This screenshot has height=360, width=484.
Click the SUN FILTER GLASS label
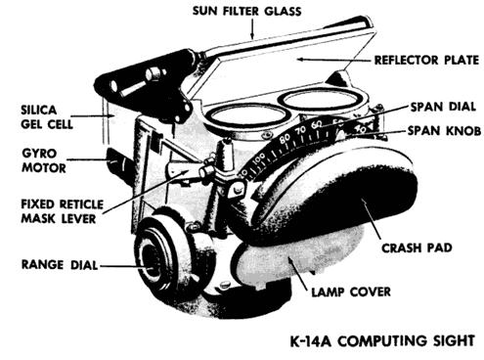click(246, 11)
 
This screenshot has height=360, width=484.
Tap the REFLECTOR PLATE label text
click(426, 61)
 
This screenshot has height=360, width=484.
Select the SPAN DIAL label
click(443, 107)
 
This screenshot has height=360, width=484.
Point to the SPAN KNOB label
click(445, 131)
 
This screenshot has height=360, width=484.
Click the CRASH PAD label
click(417, 247)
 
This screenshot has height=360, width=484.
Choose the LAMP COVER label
click(351, 292)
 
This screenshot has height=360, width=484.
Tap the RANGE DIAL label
click(60, 264)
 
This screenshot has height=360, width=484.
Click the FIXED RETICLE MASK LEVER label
click(63, 211)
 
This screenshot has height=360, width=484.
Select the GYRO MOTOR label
click(44, 160)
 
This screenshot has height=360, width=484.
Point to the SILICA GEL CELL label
click(47, 117)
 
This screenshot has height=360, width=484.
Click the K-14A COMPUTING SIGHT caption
click(382, 341)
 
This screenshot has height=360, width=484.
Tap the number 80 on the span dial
click(285, 138)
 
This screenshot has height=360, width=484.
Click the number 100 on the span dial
click(259, 158)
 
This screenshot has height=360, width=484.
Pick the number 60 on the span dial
click(317, 124)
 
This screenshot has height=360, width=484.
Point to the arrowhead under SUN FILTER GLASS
click(251, 35)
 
